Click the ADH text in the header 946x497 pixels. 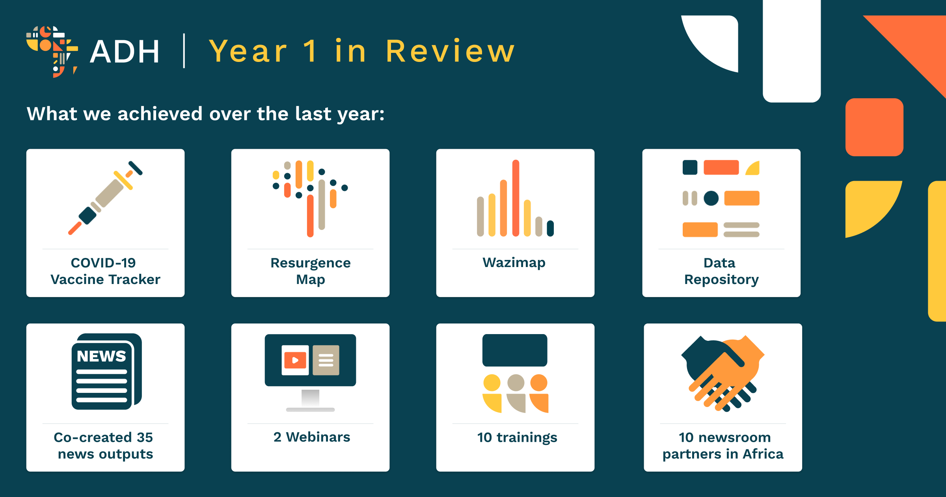coord(125,52)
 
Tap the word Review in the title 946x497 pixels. coord(451,51)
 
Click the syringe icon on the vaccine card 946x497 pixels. coord(105,198)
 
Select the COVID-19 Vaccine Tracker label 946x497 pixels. coord(105,271)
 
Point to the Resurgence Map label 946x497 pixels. coord(311,271)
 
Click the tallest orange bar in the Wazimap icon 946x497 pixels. coord(516,198)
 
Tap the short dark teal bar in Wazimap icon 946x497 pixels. coord(550,228)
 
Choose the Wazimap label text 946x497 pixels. coord(514,263)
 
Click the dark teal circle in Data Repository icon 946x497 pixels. coord(711,198)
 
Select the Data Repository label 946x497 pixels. coord(721,271)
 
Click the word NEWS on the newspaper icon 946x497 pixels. coord(101,356)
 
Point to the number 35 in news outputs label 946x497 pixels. coord(145,437)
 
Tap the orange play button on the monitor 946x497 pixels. coord(295,360)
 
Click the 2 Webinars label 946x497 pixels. coord(312,437)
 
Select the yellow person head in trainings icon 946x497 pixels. coord(492,383)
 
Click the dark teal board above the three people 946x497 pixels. coord(515,350)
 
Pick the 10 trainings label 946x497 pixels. coord(517,437)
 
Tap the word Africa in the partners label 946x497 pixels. coord(763,454)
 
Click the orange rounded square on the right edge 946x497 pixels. coord(874,127)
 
